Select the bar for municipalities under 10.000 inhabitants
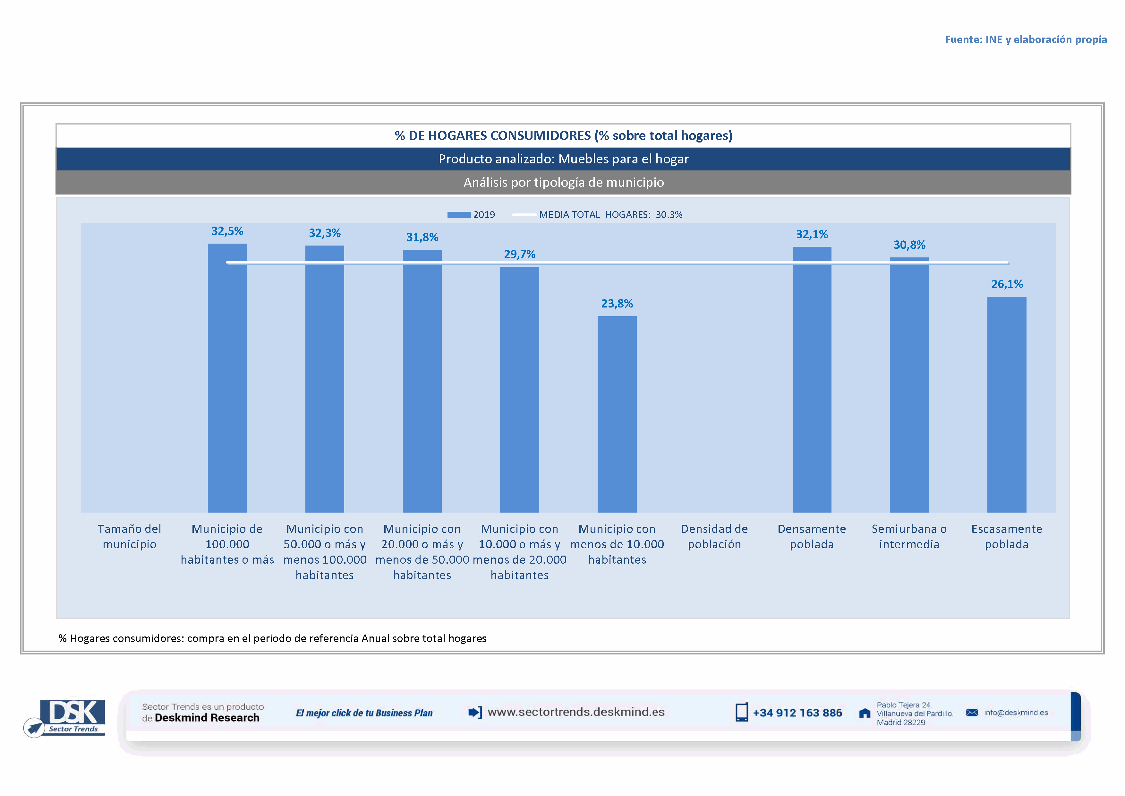pos(617,414)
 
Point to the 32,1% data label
pos(812,235)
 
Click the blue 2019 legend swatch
pos(459,215)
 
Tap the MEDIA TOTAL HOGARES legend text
pos(610,215)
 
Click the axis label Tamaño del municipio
pos(129,537)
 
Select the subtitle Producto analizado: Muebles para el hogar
pos(564,159)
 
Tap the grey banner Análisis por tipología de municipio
pos(564,182)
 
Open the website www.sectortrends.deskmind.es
pos(576,712)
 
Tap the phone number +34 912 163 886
pos(797,713)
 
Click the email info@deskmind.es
pos(1016,713)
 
